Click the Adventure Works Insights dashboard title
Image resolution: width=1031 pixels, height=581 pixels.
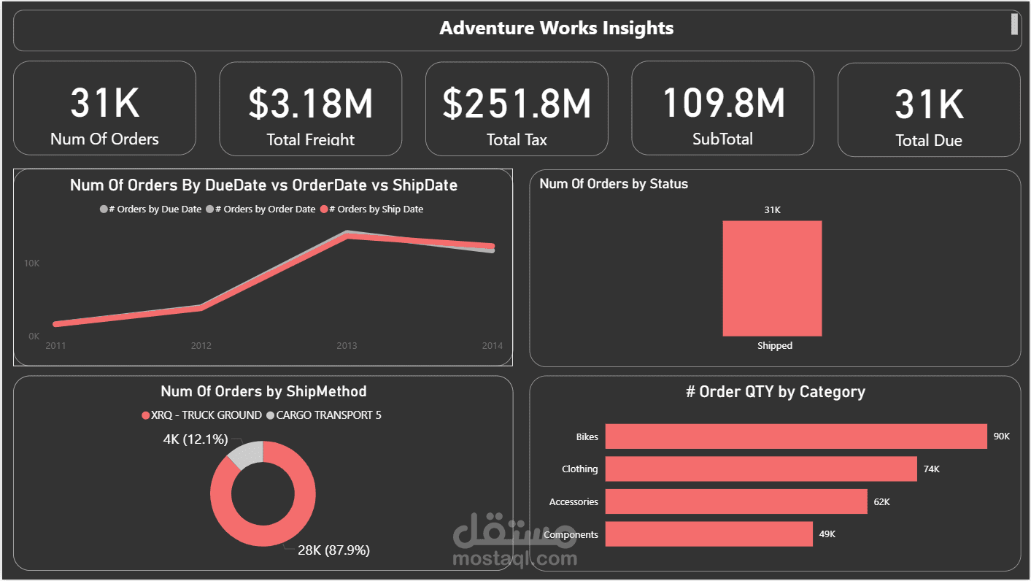coord(556,28)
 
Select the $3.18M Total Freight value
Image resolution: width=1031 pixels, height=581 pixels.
coord(310,104)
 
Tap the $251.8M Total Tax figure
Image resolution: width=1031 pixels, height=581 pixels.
coord(517,104)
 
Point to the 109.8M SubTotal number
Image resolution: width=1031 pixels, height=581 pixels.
coord(722,103)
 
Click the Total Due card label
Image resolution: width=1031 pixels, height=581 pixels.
coord(928,141)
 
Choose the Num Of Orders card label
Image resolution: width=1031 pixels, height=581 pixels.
coord(104,139)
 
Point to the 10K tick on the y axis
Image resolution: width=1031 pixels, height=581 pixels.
coord(31,263)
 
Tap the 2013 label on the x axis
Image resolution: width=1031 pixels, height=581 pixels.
coord(347,345)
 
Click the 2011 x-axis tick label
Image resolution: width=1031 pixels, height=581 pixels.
coord(55,345)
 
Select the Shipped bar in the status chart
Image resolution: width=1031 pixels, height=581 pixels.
coord(772,278)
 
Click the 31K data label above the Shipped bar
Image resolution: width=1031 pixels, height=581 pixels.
coord(772,210)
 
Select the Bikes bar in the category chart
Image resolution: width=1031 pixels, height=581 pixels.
coord(795,436)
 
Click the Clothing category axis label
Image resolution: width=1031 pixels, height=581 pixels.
coord(579,469)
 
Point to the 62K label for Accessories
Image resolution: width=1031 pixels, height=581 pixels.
coord(881,502)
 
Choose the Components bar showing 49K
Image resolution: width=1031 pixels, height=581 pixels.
coord(708,534)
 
